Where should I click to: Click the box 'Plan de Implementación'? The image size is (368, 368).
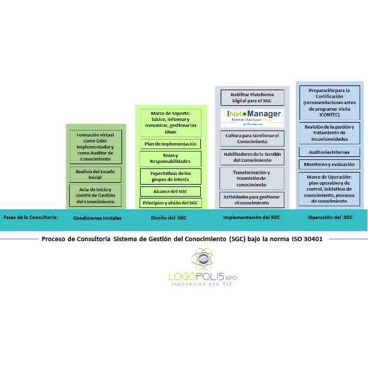tap(171, 144)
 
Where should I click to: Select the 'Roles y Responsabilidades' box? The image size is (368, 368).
tap(171, 159)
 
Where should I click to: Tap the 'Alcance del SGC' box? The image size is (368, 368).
tap(171, 191)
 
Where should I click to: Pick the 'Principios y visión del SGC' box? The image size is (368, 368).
tap(171, 203)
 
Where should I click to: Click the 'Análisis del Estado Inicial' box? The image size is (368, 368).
tap(96, 174)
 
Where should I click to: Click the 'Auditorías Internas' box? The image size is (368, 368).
tap(330, 152)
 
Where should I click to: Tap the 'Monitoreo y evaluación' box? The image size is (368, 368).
tap(330, 164)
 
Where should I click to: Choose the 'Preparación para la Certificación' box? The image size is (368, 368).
tap(330, 102)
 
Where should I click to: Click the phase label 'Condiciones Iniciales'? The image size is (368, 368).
tap(97, 218)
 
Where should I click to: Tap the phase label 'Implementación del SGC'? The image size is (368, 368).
tap(251, 217)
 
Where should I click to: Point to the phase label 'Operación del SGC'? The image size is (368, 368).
tap(330, 217)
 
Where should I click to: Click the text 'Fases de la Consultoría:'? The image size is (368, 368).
tap(31, 216)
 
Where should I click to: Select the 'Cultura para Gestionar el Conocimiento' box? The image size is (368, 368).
tap(252, 138)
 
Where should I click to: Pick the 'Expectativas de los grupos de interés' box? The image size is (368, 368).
tap(171, 176)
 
